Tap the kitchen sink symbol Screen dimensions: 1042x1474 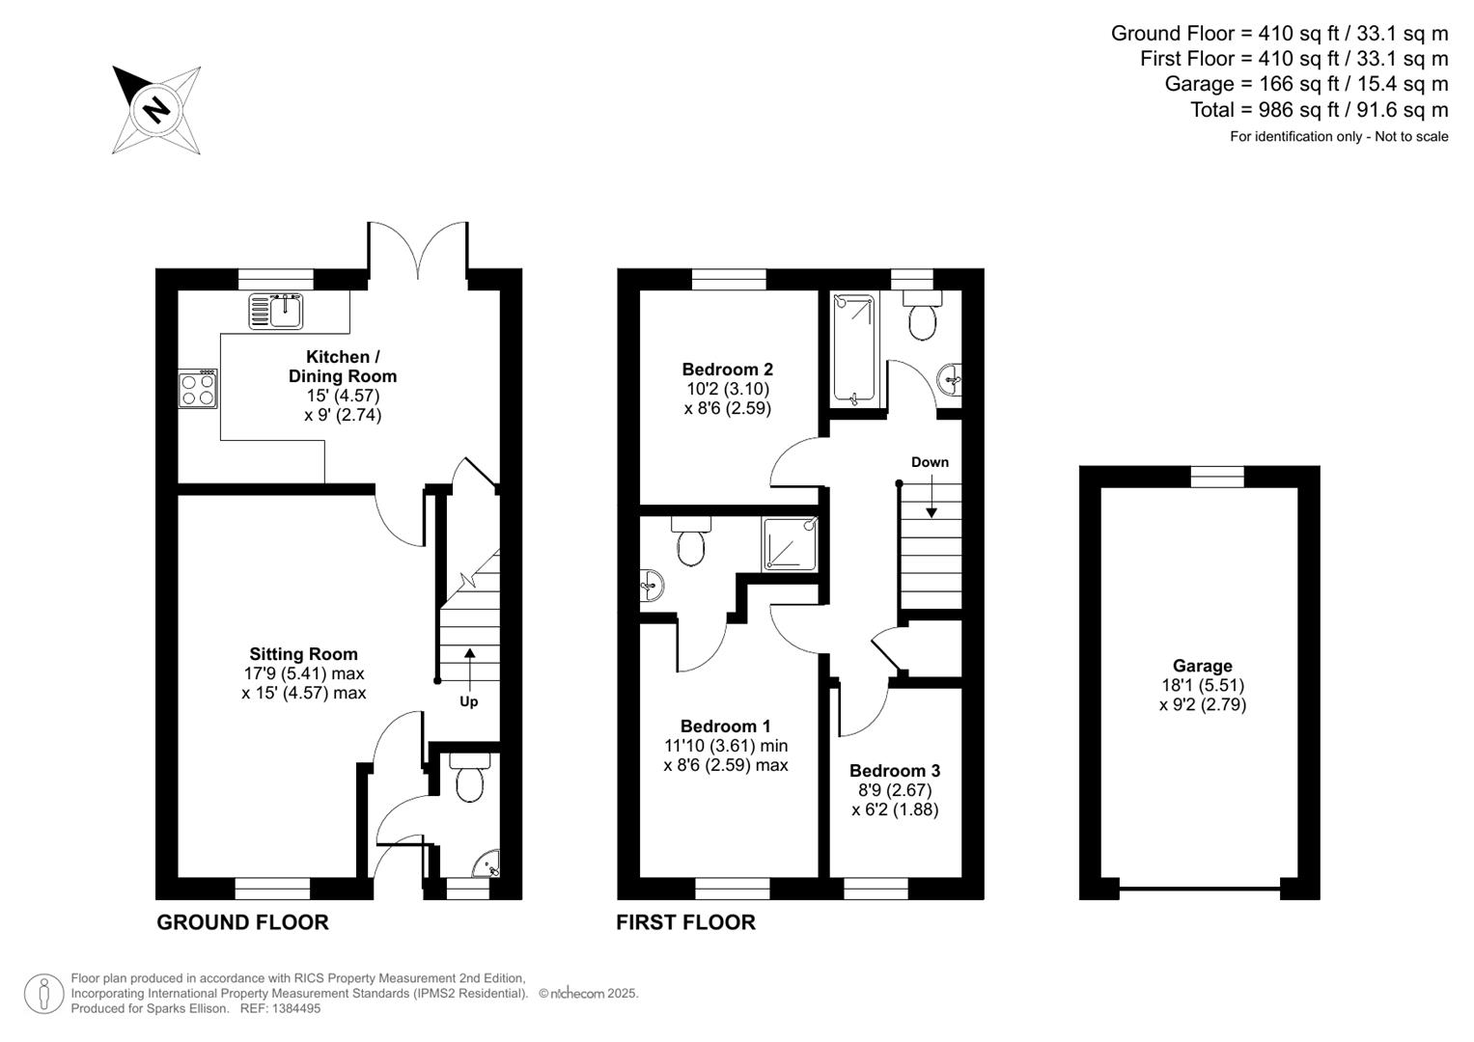tap(277, 311)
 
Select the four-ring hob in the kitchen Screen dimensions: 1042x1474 tap(198, 390)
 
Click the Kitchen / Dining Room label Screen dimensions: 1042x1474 tap(343, 367)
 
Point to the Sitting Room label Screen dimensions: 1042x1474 tap(303, 654)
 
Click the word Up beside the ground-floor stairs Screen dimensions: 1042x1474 tap(468, 701)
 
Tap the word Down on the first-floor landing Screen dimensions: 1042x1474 tap(930, 462)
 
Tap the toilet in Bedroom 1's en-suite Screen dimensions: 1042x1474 tap(691, 544)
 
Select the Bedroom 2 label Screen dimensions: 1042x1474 tap(727, 370)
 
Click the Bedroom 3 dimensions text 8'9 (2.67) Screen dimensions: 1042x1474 tap(895, 790)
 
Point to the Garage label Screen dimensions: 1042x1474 tap(1202, 666)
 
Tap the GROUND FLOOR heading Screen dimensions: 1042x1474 tap(242, 922)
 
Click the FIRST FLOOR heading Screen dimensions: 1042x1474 tap(685, 922)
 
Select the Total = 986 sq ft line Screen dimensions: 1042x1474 tap(1319, 110)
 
